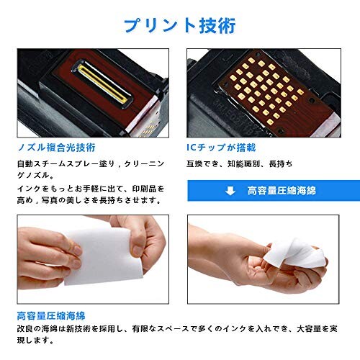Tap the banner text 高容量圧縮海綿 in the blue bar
tap(282, 191)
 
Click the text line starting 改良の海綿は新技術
tap(180, 330)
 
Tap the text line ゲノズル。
tap(40, 176)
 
